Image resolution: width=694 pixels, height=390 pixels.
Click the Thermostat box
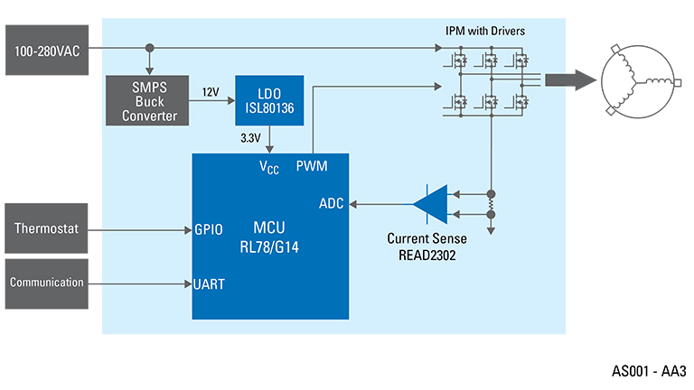[x=47, y=228]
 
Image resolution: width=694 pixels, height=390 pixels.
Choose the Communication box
[x=47, y=283]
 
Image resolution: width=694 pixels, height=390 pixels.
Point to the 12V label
[x=211, y=93]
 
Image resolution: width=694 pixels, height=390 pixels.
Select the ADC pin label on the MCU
[x=332, y=203]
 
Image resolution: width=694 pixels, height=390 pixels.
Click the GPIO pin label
[x=209, y=229]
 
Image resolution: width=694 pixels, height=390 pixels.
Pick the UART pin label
[x=209, y=283]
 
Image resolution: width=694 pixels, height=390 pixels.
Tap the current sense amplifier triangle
[x=431, y=203]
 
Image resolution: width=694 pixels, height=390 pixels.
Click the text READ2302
[x=427, y=255]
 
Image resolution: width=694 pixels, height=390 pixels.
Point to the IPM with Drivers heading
[x=485, y=31]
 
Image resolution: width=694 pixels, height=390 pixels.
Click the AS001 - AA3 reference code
[x=649, y=370]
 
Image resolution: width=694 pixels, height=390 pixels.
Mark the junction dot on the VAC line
[x=149, y=48]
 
